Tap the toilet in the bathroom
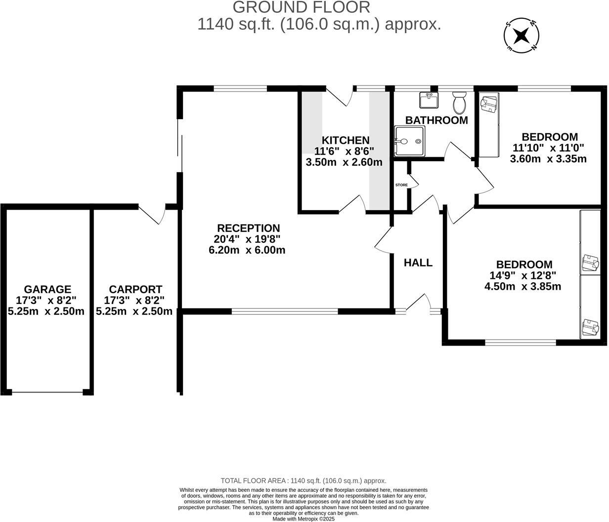coord(459,102)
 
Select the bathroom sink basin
coord(428,100)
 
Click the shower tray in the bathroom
coord(409,141)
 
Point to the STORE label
coord(401,185)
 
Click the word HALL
coord(418,263)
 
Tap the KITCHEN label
coord(345,140)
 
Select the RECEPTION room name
coord(248,228)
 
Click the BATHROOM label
coord(436,120)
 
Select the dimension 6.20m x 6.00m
coord(247,250)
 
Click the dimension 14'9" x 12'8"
coord(524,275)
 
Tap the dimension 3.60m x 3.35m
coord(548,159)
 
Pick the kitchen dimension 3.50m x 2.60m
coord(344,162)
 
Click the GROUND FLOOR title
coord(301,7)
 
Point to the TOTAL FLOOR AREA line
coord(303,480)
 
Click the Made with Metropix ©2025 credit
coord(304,519)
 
